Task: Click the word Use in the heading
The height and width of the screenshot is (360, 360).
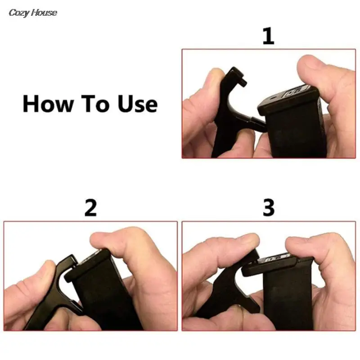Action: coord(138,103)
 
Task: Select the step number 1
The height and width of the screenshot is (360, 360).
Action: coord(268,36)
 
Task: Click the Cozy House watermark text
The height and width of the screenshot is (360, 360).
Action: coord(33,13)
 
